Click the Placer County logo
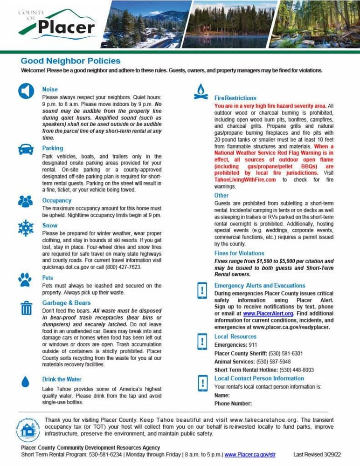point(54,24)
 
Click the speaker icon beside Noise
point(26,91)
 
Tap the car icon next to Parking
point(26,149)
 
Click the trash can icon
point(26,307)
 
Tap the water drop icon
point(26,381)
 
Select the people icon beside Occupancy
point(26,201)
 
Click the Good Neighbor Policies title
point(70,61)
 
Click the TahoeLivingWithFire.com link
point(245,179)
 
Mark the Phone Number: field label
point(233,404)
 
